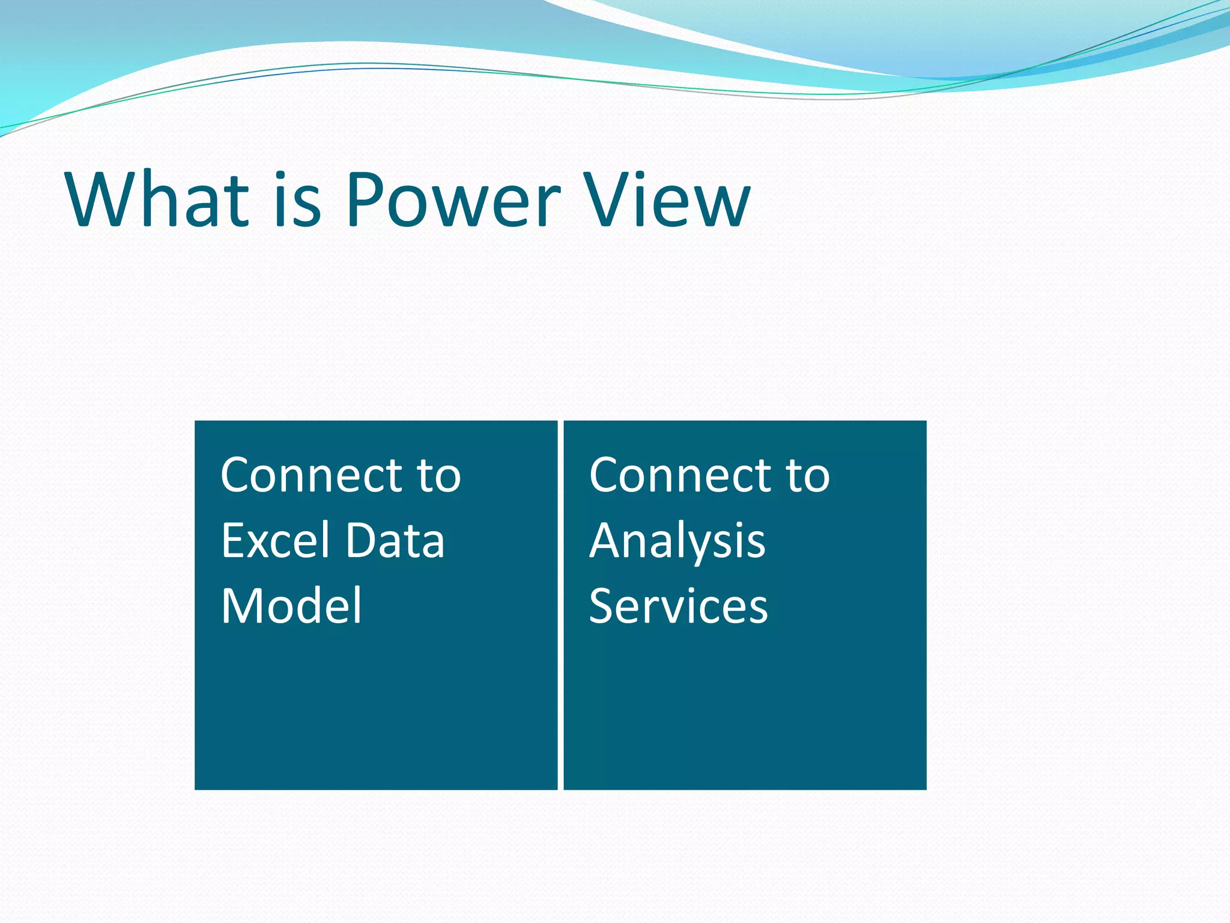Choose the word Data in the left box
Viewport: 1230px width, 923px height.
pos(395,541)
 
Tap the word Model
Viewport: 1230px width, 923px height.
pos(291,606)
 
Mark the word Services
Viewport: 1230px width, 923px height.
pos(678,606)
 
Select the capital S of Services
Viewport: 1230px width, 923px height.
pos(602,606)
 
